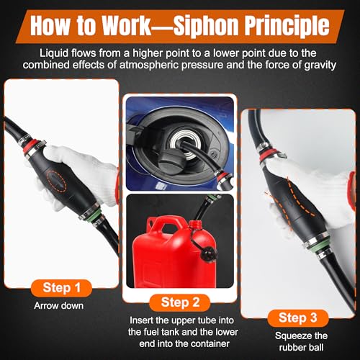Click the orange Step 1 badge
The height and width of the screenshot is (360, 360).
(x=61, y=288)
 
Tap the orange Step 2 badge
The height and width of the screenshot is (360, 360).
(x=180, y=302)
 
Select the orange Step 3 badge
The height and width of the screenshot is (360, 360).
(x=298, y=318)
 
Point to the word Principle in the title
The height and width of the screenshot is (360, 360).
(x=287, y=26)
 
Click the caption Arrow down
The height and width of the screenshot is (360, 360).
(x=59, y=306)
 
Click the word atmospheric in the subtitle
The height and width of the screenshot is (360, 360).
(x=150, y=65)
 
